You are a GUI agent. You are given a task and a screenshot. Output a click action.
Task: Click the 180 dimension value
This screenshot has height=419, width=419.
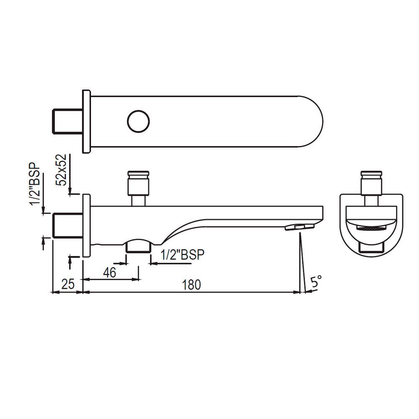tap(192, 285)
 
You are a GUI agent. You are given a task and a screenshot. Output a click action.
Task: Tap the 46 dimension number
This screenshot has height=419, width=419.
tap(109, 273)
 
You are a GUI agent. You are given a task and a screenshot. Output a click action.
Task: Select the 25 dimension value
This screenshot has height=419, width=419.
tap(67, 285)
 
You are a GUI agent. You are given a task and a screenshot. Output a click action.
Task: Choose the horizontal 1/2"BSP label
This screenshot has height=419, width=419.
tap(183, 255)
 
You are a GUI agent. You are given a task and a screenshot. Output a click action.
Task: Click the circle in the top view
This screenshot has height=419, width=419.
tap(138, 122)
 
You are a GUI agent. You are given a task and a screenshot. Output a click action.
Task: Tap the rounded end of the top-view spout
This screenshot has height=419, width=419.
tap(312, 122)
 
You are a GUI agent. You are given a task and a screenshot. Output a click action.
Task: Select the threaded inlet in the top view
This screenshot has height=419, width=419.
tap(67, 122)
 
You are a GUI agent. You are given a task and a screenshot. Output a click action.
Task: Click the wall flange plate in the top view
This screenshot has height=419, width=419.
tap(86, 122)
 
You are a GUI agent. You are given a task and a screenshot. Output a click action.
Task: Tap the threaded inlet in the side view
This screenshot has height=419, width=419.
tap(67, 225)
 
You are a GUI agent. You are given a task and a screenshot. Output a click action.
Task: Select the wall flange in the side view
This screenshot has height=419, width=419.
tap(86, 225)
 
